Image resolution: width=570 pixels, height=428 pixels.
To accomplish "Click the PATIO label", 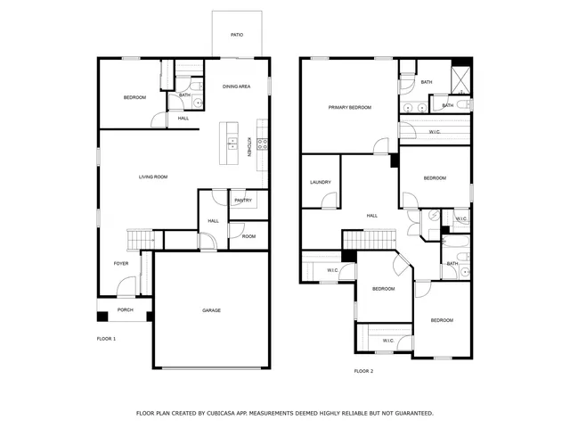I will pyautogui.click(x=237, y=36).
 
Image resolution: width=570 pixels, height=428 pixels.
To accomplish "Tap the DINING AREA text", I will pyautogui.click(x=236, y=86).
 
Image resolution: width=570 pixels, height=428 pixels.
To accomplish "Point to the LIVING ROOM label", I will pyautogui.click(x=152, y=177).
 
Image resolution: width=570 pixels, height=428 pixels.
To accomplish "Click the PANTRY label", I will pyautogui.click(x=243, y=201).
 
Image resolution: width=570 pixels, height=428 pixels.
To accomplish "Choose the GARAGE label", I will pyautogui.click(x=211, y=310).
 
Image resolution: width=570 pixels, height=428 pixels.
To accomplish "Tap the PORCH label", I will pyautogui.click(x=125, y=310).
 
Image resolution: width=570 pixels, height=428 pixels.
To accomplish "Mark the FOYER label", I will pyautogui.click(x=121, y=264).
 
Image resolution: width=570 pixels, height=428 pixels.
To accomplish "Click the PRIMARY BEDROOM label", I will pyautogui.click(x=349, y=107).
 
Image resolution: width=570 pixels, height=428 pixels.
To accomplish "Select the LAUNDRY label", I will pyautogui.click(x=321, y=183).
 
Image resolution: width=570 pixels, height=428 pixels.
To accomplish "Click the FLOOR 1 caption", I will pyautogui.click(x=106, y=339).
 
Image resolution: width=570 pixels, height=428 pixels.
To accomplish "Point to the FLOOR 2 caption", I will pyautogui.click(x=363, y=371).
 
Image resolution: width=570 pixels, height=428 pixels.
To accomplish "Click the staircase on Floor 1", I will pyautogui.click(x=141, y=239).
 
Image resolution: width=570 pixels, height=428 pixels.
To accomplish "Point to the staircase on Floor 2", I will pyautogui.click(x=368, y=239).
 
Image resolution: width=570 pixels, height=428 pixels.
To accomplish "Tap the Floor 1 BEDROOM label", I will pyautogui.click(x=134, y=97).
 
